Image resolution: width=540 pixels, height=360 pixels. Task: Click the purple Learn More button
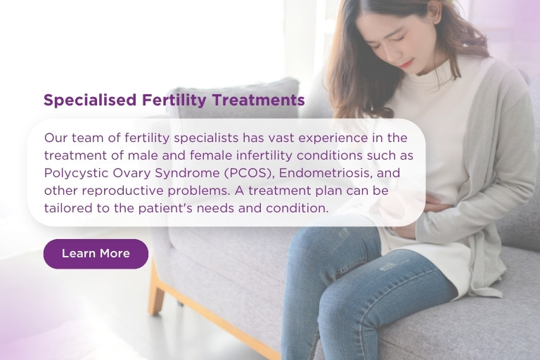tap(96, 254)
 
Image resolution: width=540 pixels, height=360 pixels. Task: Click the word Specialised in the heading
tap(90, 101)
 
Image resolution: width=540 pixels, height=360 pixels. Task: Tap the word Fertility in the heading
tap(174, 101)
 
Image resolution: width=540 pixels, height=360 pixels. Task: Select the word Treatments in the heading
tap(258, 100)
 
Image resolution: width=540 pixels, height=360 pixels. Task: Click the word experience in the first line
tap(333, 138)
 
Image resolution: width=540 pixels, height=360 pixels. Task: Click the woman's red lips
tap(407, 63)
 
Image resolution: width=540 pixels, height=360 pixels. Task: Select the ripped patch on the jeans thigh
tap(388, 266)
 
